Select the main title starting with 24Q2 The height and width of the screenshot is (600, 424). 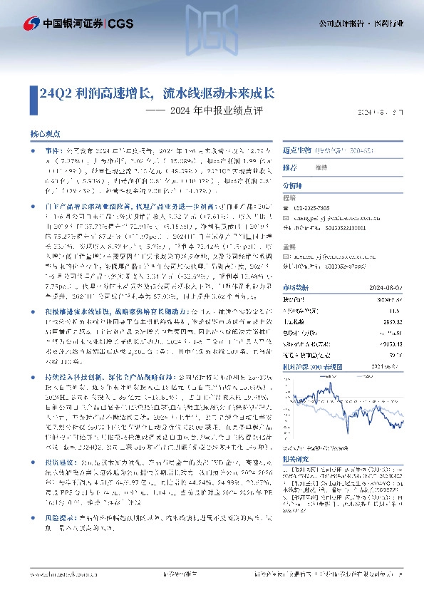(157, 93)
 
